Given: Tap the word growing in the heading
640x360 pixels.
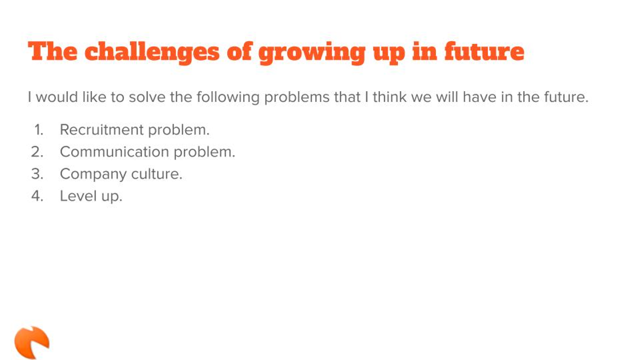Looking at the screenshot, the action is point(312,53).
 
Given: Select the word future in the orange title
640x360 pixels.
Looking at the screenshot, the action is point(484,52).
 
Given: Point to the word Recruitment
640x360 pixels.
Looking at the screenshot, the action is point(102,130).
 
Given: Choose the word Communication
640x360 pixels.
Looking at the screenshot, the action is point(114,152).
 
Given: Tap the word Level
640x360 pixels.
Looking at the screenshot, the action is point(78,196).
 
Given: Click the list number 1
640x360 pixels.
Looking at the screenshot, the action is point(39,130).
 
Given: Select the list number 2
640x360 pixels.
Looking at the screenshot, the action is point(37,152).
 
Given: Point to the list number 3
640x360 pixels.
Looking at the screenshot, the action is point(37,174).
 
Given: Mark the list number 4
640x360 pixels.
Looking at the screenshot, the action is point(37,196).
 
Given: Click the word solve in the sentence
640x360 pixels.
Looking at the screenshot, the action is point(147,97).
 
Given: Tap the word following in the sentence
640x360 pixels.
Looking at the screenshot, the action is point(228,98).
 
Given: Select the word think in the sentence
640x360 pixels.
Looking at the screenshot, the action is point(390,97).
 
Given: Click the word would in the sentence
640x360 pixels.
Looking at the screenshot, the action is point(57,97).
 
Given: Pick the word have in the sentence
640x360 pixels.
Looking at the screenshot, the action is point(480,97).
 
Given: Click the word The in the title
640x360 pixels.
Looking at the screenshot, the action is point(52,52).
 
